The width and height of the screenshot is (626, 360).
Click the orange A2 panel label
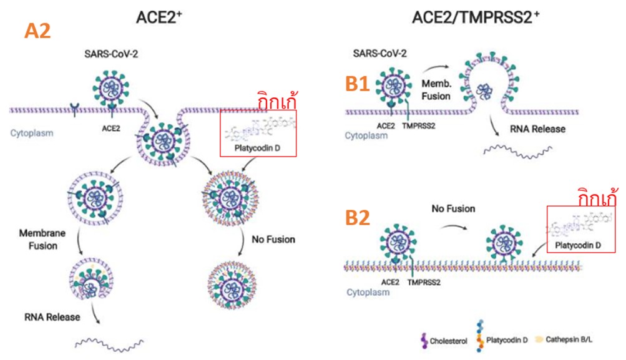pos(37,31)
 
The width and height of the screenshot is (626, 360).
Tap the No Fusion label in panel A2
pos(273,239)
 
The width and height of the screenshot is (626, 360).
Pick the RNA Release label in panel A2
pos(53,317)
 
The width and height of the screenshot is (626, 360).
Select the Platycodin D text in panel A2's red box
pos(258,148)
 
